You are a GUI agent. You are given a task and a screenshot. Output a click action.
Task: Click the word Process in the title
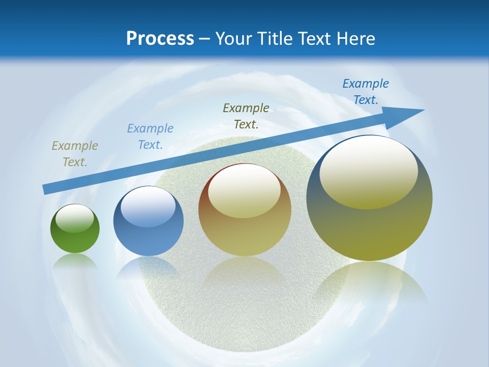click(x=160, y=38)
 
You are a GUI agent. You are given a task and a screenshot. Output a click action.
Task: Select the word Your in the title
click(x=233, y=38)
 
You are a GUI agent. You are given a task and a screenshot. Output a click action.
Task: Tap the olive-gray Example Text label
click(x=74, y=154)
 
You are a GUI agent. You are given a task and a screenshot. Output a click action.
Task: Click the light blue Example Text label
click(x=150, y=136)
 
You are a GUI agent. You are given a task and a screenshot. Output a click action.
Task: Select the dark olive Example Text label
click(x=246, y=116)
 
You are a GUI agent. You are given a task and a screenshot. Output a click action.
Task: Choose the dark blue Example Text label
click(x=366, y=92)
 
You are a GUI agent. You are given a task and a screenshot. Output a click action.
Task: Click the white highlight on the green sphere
click(x=75, y=218)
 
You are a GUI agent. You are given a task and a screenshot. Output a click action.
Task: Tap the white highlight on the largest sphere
click(x=368, y=172)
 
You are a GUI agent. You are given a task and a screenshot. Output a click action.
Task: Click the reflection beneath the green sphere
click(x=75, y=261)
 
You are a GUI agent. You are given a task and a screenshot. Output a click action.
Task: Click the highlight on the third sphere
click(x=244, y=190)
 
